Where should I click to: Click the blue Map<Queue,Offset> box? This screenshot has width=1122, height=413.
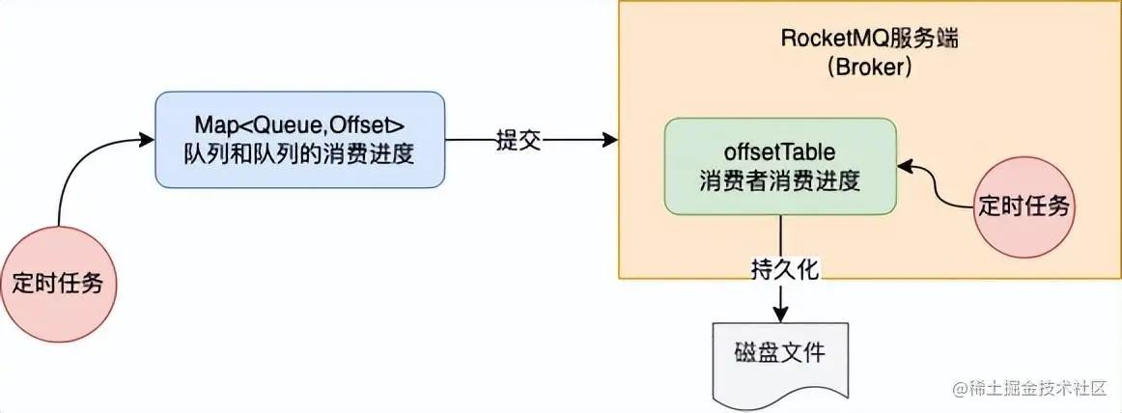coord(300,140)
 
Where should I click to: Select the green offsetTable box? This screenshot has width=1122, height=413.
coord(780,166)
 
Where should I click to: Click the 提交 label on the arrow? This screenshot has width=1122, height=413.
coord(518,141)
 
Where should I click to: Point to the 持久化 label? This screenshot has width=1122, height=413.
coord(784,269)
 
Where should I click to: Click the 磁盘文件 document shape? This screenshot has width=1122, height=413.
coord(779,358)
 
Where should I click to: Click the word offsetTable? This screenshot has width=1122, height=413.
coord(780,152)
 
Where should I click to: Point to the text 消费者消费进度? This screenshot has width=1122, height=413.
coord(780,180)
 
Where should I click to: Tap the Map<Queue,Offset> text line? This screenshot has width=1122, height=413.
coord(300,124)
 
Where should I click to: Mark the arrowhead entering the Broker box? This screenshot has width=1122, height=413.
coord(610,141)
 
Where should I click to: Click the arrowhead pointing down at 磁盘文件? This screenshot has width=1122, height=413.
coord(779,315)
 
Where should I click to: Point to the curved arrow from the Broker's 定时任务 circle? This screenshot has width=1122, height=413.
coord(941,188)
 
